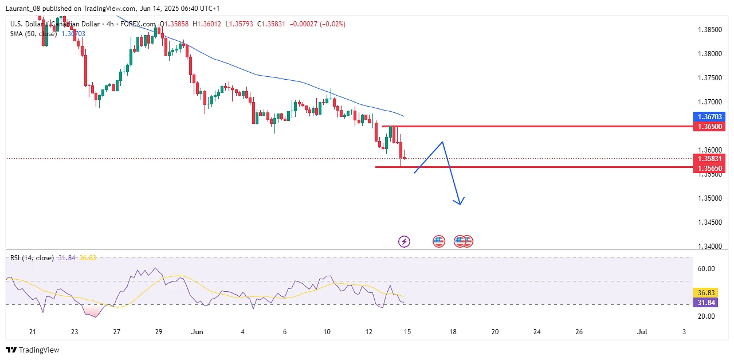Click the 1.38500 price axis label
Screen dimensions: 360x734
click(709, 29)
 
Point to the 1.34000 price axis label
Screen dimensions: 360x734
click(709, 246)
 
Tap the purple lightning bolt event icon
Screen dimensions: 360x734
click(404, 241)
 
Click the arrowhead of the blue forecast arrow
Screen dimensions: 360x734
click(459, 202)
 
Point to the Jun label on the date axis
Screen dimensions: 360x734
click(197, 331)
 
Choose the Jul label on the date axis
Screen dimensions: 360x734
click(642, 331)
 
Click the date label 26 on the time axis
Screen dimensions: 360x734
click(579, 331)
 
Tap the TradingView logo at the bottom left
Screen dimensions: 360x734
click(33, 350)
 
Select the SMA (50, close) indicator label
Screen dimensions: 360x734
click(34, 34)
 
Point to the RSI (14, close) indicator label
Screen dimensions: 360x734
click(32, 258)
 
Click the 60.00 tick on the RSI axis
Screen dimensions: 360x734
click(705, 268)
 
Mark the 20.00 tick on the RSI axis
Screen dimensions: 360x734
click(705, 316)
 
